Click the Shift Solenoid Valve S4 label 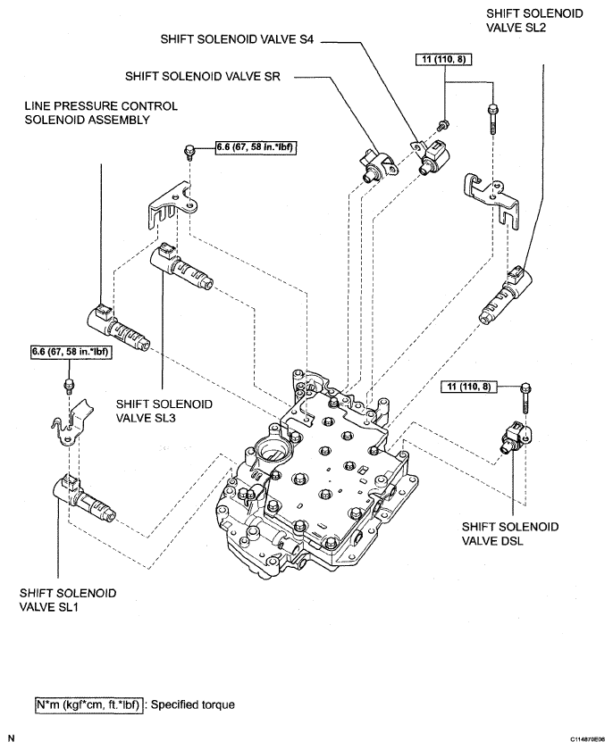click(237, 39)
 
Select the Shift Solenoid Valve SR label click(203, 76)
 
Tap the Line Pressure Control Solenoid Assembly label click(101, 112)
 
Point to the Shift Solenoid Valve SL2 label click(534, 20)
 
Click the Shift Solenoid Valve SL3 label click(164, 411)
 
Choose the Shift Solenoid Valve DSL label click(510, 534)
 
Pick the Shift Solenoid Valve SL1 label click(68, 600)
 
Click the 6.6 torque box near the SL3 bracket click(254, 147)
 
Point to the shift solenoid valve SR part click(378, 165)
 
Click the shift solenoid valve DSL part click(513, 436)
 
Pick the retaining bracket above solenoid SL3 click(173, 203)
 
